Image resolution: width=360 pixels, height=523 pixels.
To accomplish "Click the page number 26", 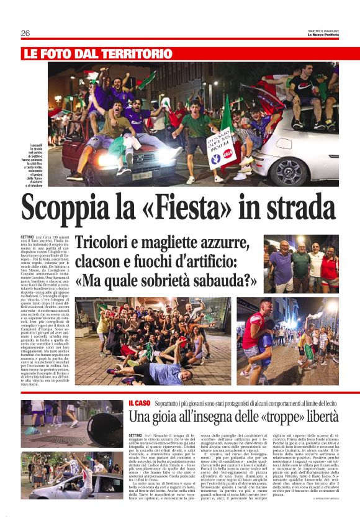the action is tap(25, 33).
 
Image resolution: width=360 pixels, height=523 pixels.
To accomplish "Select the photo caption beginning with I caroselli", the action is tap(35, 164).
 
